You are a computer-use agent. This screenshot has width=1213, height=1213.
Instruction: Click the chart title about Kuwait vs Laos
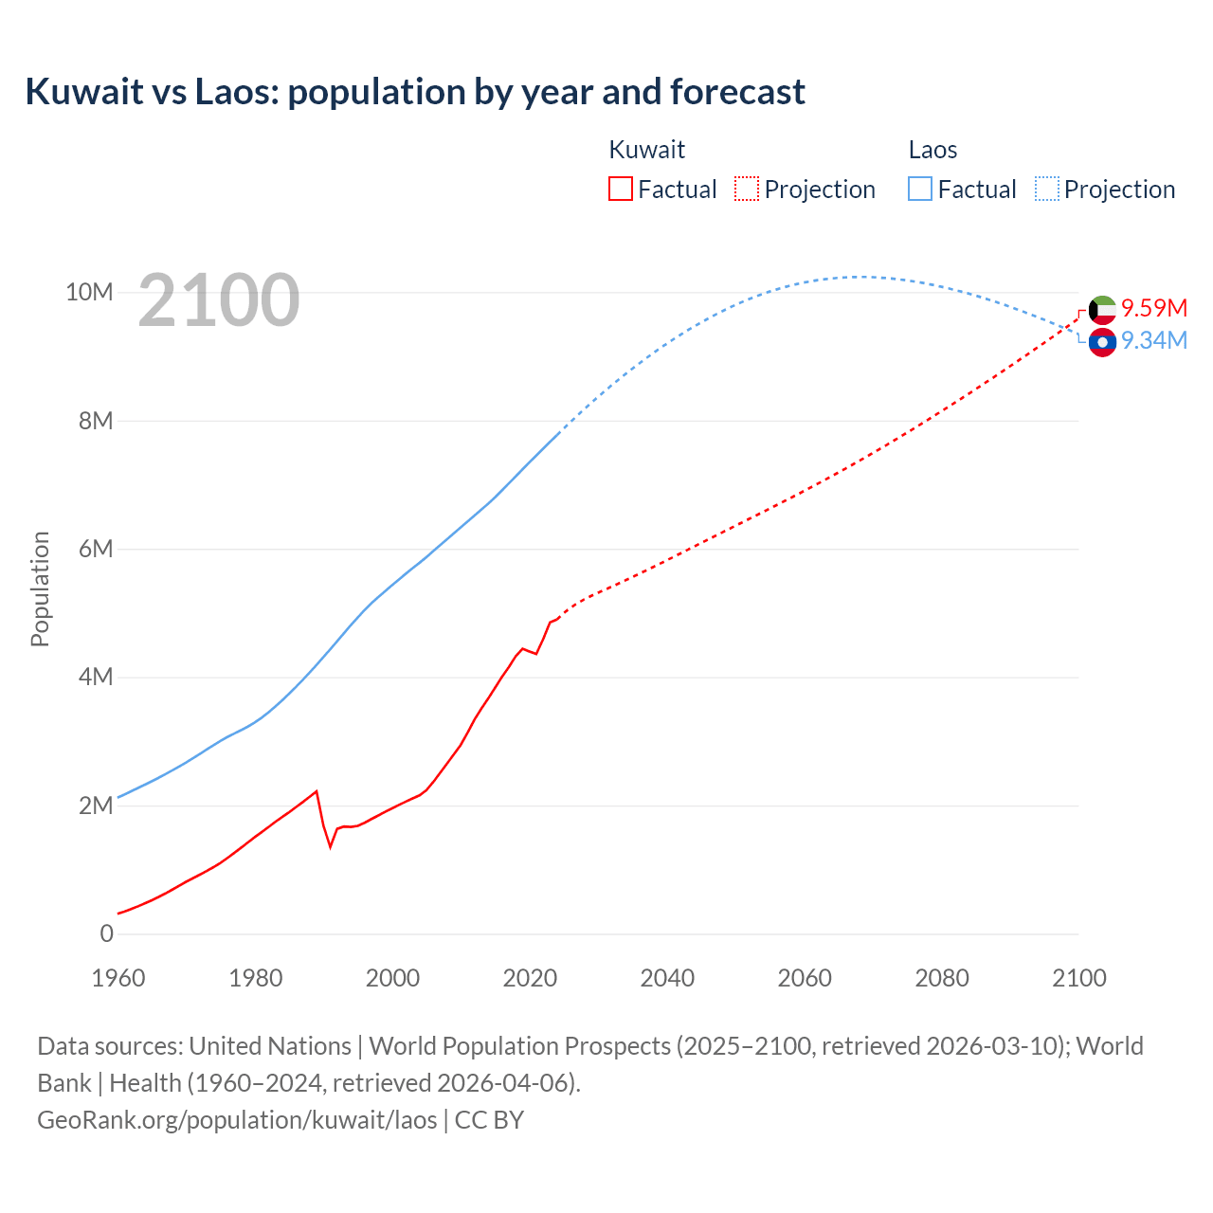(x=415, y=92)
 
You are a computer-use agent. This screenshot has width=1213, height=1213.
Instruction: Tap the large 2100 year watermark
(x=219, y=301)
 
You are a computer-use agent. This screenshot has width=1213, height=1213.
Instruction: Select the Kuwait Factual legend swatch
(x=620, y=190)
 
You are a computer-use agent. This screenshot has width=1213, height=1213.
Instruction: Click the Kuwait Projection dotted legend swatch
(x=747, y=190)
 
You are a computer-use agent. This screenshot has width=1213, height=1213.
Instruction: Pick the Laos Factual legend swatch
(x=920, y=190)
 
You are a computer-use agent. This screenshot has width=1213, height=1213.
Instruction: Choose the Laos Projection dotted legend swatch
(x=1046, y=190)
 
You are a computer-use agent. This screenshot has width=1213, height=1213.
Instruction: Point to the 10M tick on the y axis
(x=89, y=292)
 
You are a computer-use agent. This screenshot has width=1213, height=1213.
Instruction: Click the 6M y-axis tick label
(x=95, y=549)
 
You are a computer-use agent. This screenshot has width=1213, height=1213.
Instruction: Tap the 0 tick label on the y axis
(x=106, y=933)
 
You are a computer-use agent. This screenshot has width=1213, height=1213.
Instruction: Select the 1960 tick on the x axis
(x=118, y=978)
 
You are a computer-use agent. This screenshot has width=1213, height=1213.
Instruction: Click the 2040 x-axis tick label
(x=667, y=978)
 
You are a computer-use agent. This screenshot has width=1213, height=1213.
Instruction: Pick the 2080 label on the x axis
(x=942, y=978)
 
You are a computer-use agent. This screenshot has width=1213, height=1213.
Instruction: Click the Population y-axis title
(x=40, y=588)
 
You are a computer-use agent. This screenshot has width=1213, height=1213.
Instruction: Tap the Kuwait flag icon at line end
(x=1102, y=309)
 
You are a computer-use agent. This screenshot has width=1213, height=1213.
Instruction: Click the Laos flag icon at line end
(x=1102, y=342)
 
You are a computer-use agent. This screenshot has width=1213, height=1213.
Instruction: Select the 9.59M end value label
(x=1153, y=308)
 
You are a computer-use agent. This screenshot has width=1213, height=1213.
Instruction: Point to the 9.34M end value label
(x=1153, y=340)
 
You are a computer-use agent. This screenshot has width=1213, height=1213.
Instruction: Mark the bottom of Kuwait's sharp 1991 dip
(x=331, y=845)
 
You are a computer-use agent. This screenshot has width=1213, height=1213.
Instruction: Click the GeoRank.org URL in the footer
(x=237, y=1120)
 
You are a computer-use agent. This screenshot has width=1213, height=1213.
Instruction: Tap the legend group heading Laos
(x=932, y=150)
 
